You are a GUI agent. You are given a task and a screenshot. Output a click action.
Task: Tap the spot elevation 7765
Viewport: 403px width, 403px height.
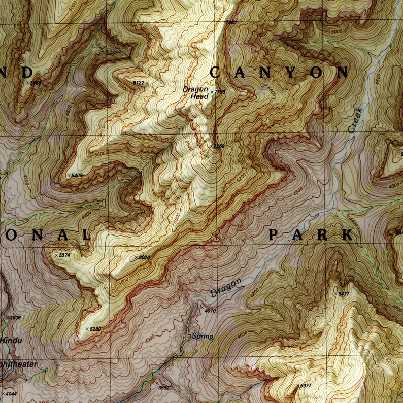[x=219, y=92]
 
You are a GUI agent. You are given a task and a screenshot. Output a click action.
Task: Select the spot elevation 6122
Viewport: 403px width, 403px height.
[x=138, y=82]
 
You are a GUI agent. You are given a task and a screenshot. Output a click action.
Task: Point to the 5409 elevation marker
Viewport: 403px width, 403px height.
[x=76, y=175]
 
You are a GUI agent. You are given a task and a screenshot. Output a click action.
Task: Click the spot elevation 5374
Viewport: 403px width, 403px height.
[x=63, y=255]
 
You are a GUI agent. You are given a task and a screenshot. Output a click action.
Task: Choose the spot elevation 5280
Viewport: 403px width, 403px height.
[x=94, y=329]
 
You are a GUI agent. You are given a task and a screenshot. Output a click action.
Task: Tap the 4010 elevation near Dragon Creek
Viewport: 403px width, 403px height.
[x=210, y=311]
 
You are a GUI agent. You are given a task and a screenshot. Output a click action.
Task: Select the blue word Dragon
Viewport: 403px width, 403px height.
[x=225, y=288]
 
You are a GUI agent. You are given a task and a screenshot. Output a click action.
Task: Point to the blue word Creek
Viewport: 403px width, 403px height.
[x=356, y=120]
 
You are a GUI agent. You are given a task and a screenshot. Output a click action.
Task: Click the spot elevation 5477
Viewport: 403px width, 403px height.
[x=343, y=294]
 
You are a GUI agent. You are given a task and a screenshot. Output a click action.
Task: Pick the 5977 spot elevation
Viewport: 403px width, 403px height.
[x=305, y=386]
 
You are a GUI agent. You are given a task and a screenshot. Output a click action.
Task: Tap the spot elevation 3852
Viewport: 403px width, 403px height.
[x=163, y=388]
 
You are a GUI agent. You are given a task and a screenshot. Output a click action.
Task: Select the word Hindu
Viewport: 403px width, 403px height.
[x=11, y=340]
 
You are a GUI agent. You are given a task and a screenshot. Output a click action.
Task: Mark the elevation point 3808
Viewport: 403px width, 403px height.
[x=14, y=318]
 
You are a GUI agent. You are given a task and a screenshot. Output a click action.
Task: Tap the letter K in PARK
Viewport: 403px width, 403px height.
[x=347, y=234]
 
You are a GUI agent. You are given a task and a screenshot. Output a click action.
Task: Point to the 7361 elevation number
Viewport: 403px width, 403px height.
[x=230, y=23]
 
